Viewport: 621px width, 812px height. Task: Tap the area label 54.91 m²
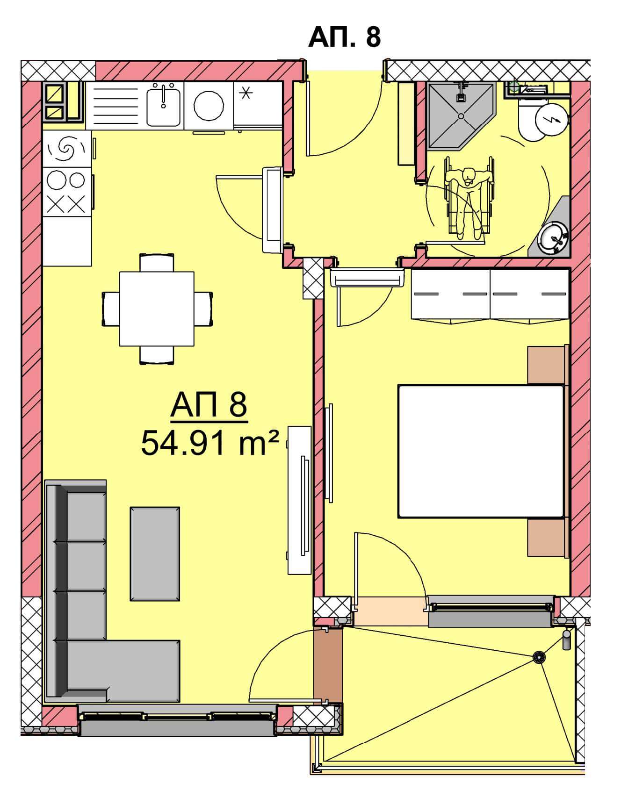coord(210,443)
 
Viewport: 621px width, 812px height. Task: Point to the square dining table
coord(157,309)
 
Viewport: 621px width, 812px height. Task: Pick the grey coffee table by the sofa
coord(155,553)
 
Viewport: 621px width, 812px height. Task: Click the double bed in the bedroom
coord(481,451)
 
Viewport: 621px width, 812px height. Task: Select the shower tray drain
coord(461,116)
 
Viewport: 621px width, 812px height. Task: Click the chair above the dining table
coord(157,263)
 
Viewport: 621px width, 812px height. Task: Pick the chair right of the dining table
coord(203,309)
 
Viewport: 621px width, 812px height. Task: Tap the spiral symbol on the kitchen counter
coord(66,149)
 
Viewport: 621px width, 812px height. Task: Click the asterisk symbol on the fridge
coord(245,94)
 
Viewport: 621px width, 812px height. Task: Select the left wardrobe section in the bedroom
coord(451,295)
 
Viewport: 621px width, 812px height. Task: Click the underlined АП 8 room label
coord(209,406)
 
